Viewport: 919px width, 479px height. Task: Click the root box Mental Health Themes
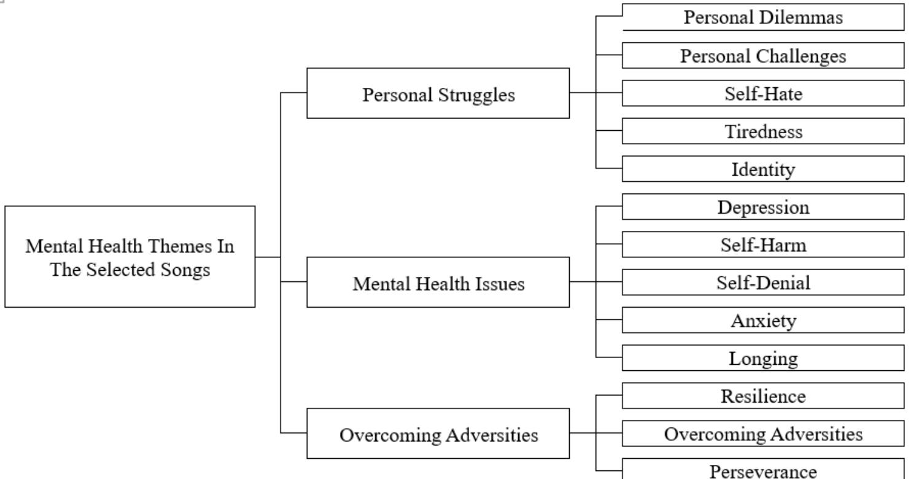(x=130, y=257)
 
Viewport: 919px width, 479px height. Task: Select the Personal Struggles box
(x=438, y=93)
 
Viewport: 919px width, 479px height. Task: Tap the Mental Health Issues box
(x=438, y=282)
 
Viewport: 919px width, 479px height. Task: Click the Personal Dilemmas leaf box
(x=763, y=17)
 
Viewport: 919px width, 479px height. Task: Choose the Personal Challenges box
(x=763, y=55)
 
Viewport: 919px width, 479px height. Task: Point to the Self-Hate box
(x=763, y=93)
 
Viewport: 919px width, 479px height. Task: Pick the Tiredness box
(x=763, y=131)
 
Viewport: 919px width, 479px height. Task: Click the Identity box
(x=763, y=169)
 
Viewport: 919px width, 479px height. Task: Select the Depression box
(x=763, y=207)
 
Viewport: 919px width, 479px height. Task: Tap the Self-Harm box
(x=763, y=244)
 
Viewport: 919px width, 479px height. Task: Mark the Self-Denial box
(x=763, y=282)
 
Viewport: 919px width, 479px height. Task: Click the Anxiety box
(x=763, y=321)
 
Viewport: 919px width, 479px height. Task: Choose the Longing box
(x=763, y=358)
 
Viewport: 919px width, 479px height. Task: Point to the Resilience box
(x=763, y=396)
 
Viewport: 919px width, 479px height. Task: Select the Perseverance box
(x=763, y=470)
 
